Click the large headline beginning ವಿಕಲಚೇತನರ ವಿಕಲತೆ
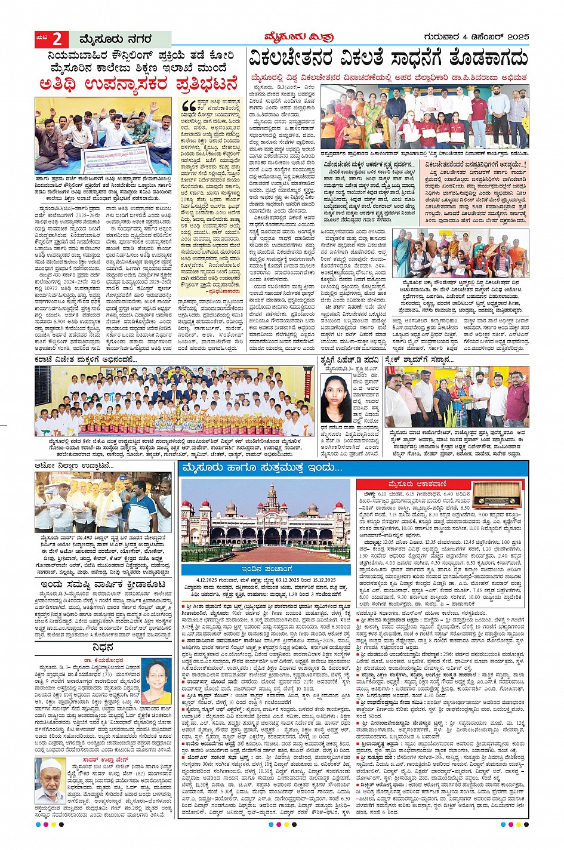[x=388, y=60]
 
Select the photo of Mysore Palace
[x=266, y=521]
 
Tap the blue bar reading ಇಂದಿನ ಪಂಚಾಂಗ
[x=266, y=569]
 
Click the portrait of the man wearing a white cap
[x=52, y=782]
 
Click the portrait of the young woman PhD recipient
[x=336, y=399]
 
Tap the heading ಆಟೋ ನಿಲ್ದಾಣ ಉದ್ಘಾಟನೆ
[x=74, y=465]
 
